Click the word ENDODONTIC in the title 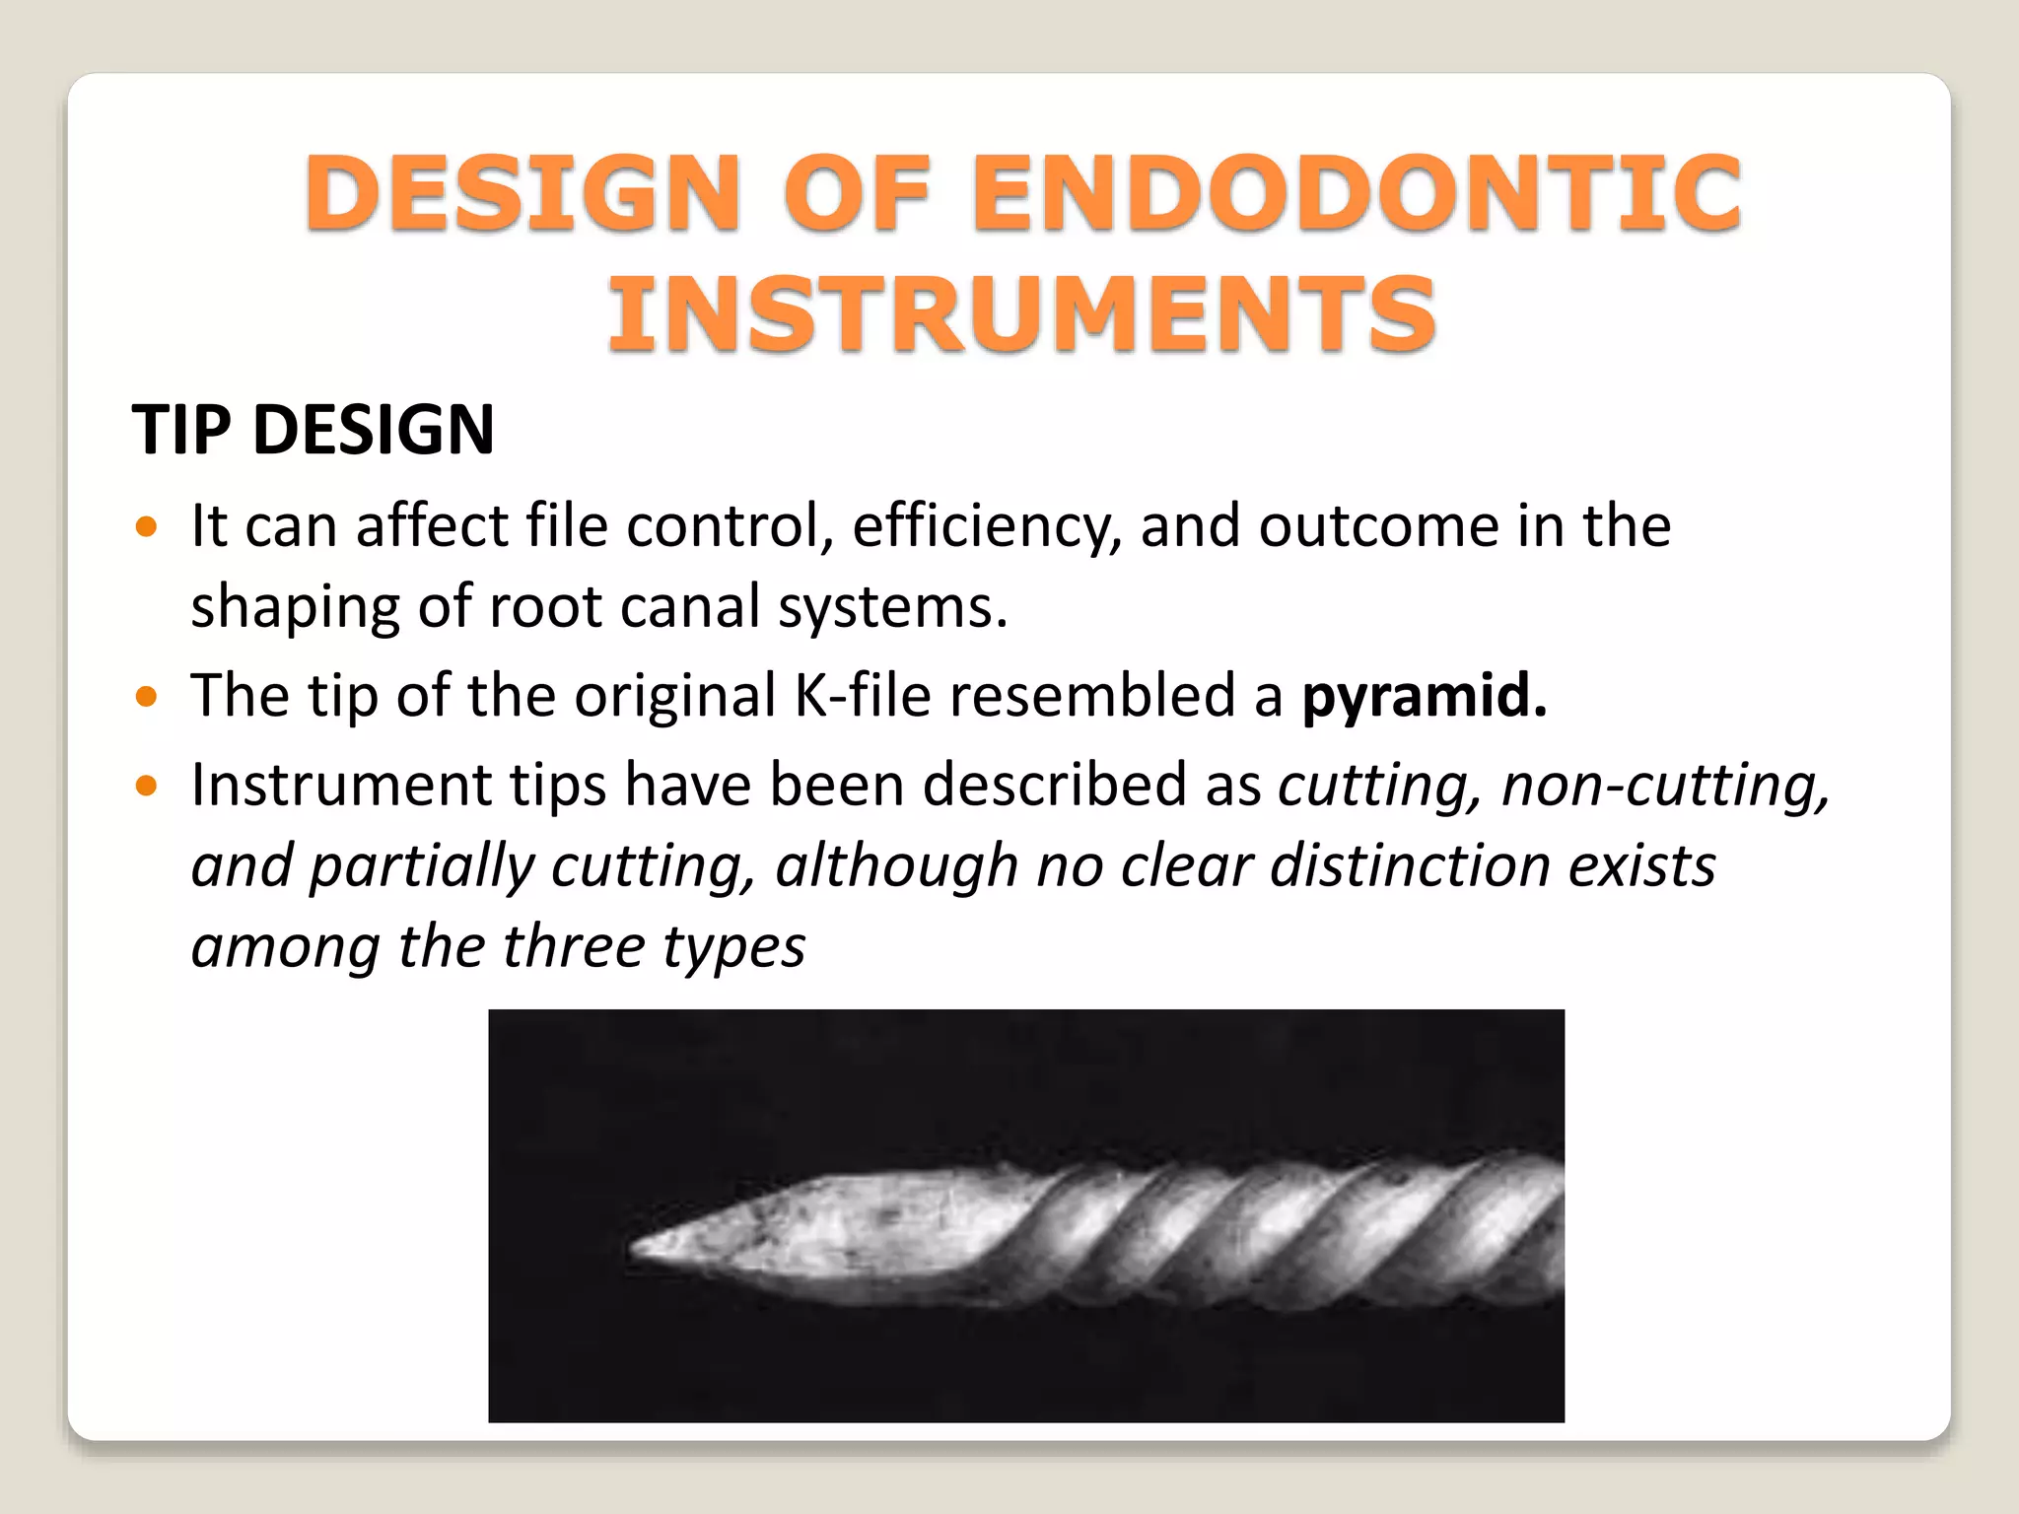coord(1357,193)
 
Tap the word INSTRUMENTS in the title coord(1021,313)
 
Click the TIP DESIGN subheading coord(313,431)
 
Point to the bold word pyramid coord(1424,696)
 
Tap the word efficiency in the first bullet coord(986,526)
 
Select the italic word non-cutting coord(1664,786)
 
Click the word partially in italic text coord(421,866)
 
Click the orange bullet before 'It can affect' coord(147,527)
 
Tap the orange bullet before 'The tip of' coord(147,698)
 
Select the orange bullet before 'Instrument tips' coord(147,787)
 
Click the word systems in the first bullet coord(892,607)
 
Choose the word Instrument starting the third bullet coord(340,786)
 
